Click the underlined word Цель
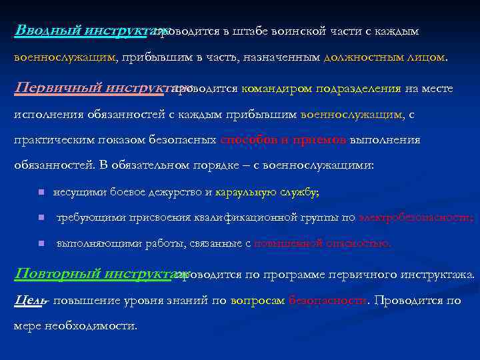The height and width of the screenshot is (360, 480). coord(29,300)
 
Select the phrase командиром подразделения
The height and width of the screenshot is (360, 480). coord(321,88)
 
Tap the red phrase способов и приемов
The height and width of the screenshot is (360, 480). coord(283,140)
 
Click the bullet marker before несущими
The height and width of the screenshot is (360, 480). coord(41,193)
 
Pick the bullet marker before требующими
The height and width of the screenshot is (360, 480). coord(41,218)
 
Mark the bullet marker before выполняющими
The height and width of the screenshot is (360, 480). coord(41,243)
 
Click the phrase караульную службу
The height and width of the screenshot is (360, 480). coord(267,192)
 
